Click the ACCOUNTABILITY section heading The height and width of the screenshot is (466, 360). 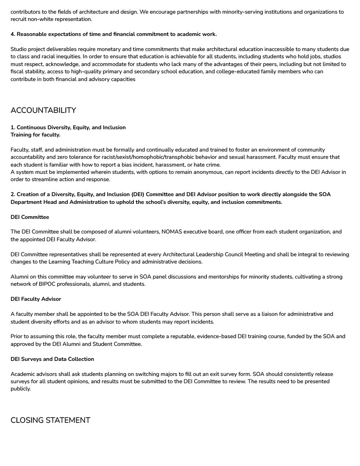[x=43, y=111]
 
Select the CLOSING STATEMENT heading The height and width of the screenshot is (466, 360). [x=51, y=420]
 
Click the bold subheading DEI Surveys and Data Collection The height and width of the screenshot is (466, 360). [x=52, y=359]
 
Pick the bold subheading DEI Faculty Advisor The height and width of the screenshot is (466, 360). [x=35, y=299]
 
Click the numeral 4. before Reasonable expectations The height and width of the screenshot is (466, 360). [x=13, y=34]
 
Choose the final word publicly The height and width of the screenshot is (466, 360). [x=20, y=389]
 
